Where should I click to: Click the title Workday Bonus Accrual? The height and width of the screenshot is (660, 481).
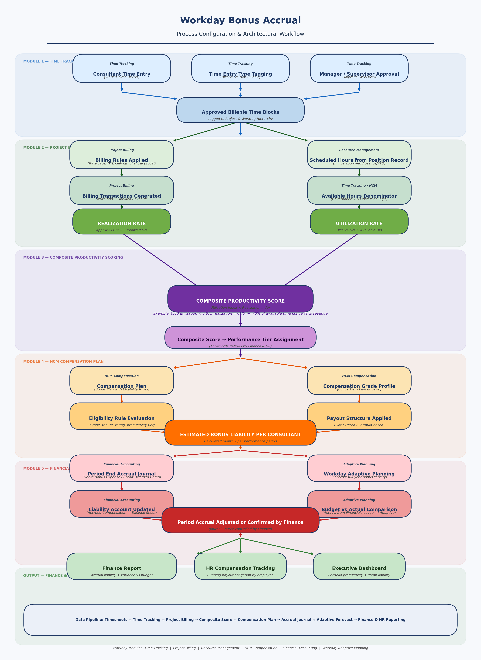pyautogui.click(x=240, y=20)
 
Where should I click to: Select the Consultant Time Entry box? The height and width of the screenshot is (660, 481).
pyautogui.click(x=122, y=68)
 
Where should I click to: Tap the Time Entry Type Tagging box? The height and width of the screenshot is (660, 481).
pyautogui.click(x=240, y=68)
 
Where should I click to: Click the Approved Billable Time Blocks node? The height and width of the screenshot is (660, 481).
pyautogui.click(x=240, y=110)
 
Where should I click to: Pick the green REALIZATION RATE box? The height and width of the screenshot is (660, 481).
pyautogui.click(x=122, y=221)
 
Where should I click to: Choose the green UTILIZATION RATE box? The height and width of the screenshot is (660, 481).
pyautogui.click(x=359, y=221)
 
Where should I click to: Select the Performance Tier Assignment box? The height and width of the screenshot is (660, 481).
pyautogui.click(x=240, y=337)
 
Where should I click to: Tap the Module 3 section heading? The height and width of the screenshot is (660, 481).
pyautogui.click(x=73, y=257)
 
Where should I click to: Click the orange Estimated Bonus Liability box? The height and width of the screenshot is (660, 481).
pyautogui.click(x=240, y=433)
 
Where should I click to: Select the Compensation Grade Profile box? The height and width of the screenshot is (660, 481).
pyautogui.click(x=359, y=380)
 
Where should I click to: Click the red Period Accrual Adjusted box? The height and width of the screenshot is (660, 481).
pyautogui.click(x=240, y=520)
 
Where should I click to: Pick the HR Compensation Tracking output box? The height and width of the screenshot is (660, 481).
pyautogui.click(x=240, y=566)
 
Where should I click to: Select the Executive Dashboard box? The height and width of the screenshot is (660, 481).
pyautogui.click(x=359, y=566)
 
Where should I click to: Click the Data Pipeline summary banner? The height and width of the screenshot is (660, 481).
pyautogui.click(x=240, y=620)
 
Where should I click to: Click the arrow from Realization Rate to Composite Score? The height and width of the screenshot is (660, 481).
pyautogui.click(x=160, y=260)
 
